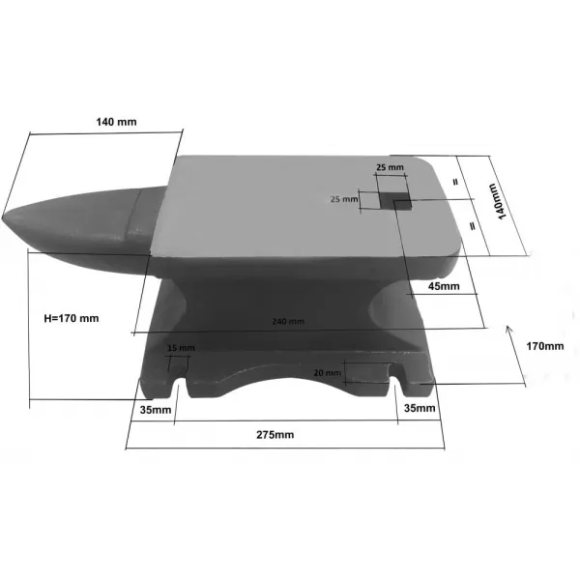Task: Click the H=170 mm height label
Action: [x=72, y=317]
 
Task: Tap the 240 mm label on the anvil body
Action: [x=288, y=321]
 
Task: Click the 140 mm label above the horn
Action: [x=116, y=122]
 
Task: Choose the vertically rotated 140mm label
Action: [x=502, y=202]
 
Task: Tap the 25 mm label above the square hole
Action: [x=391, y=168]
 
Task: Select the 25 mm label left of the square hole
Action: [x=344, y=199]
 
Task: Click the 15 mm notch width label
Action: [x=181, y=348]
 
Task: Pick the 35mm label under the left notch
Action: [x=155, y=409]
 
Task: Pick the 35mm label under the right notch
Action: [x=418, y=409]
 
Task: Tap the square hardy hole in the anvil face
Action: [x=396, y=199]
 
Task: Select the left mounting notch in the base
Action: [x=179, y=388]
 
